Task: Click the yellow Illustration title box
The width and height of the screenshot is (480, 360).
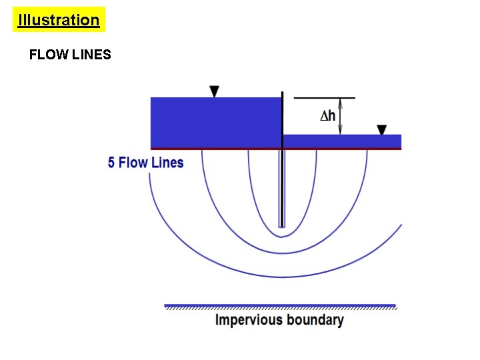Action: click(59, 20)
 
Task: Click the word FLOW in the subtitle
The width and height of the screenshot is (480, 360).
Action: click(46, 55)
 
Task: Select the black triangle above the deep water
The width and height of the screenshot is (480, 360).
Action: click(214, 91)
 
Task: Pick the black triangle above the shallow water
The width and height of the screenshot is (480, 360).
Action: click(382, 129)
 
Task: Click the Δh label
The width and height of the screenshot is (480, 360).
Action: click(327, 115)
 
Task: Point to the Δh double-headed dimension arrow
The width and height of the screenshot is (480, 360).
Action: click(341, 116)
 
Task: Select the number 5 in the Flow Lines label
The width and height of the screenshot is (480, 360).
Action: click(112, 163)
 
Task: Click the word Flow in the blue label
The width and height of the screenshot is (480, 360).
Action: click(133, 163)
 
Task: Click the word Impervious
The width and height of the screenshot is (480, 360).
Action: click(249, 320)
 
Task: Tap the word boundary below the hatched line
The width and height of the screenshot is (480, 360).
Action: click(315, 320)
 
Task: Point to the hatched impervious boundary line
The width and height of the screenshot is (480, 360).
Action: click(280, 307)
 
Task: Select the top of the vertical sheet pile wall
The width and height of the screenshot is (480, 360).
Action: click(283, 94)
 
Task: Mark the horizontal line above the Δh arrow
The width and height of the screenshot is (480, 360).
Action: click(324, 98)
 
